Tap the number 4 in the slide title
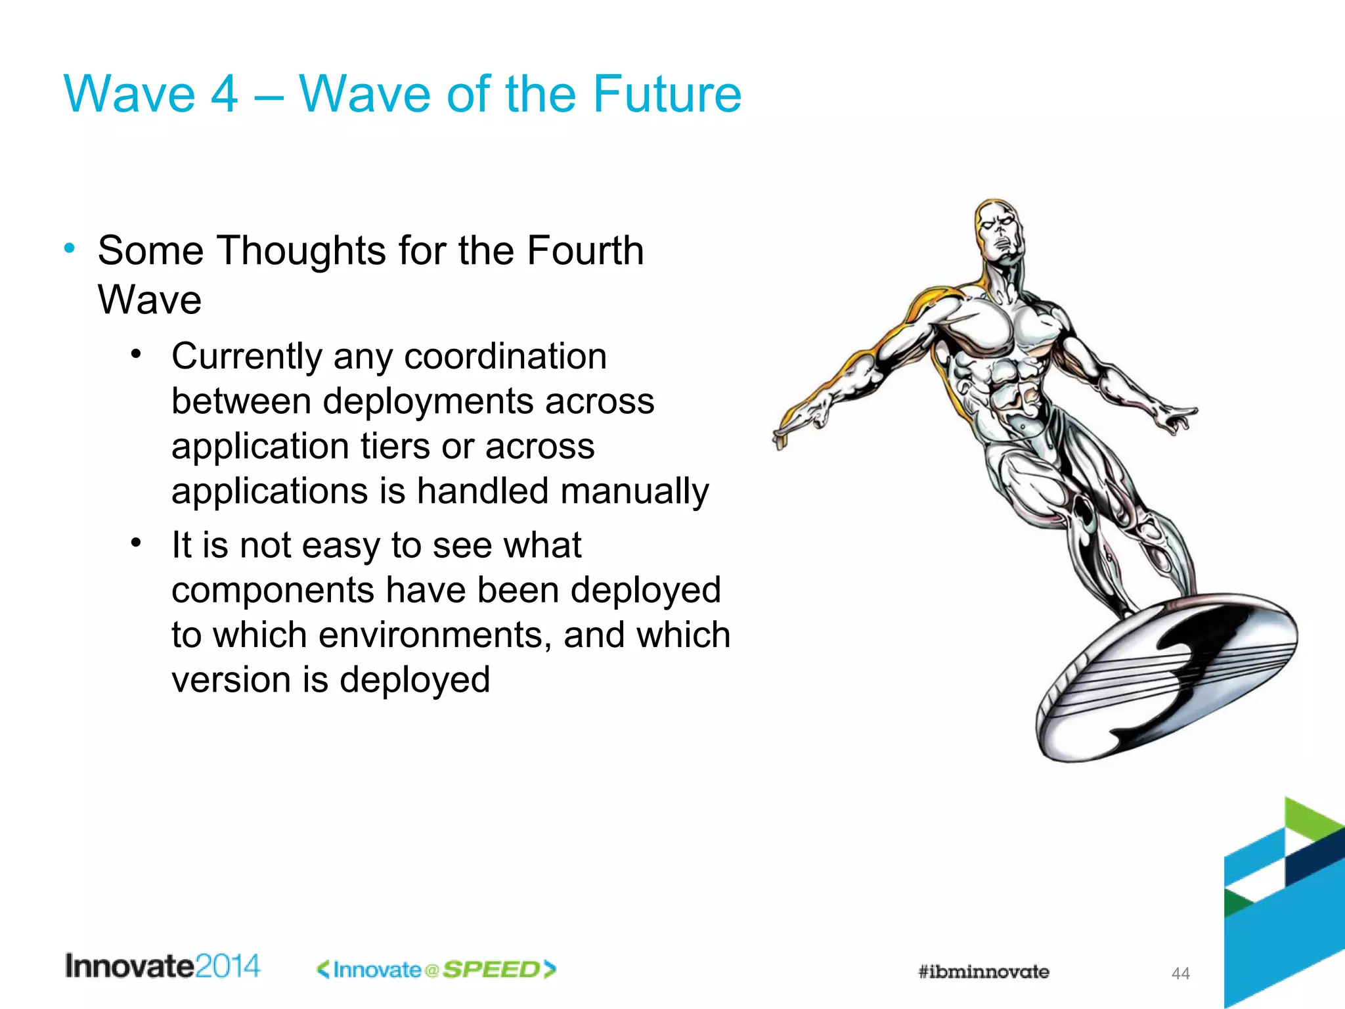[x=224, y=94]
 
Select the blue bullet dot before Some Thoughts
[x=70, y=249]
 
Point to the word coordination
[x=505, y=357]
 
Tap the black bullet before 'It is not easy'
[x=136, y=543]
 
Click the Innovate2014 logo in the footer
[x=162, y=966]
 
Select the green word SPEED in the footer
[x=491, y=970]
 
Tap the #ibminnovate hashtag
[x=983, y=972]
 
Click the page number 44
[x=1180, y=974]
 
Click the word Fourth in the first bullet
[x=585, y=251]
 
